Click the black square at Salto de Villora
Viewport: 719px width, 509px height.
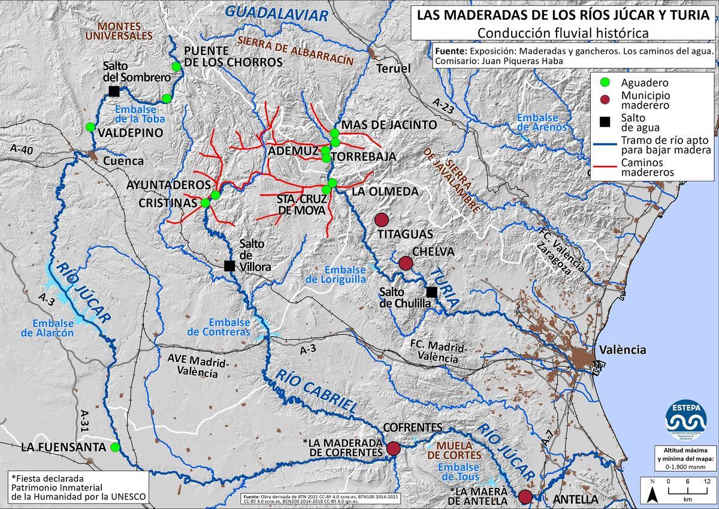pyautogui.click(x=229, y=266)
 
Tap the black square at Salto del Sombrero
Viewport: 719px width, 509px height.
pyautogui.click(x=113, y=91)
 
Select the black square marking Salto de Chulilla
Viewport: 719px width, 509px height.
pyautogui.click(x=431, y=292)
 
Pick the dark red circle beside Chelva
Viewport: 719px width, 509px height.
pyautogui.click(x=406, y=263)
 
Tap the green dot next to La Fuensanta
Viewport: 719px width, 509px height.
pyautogui.click(x=115, y=447)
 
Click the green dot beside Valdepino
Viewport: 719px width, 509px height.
pyautogui.click(x=90, y=127)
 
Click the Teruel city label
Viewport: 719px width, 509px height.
pyautogui.click(x=393, y=68)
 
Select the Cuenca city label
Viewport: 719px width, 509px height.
pyautogui.click(x=123, y=161)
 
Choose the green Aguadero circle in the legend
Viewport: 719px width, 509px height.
pyautogui.click(x=605, y=83)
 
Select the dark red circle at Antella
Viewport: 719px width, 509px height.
pyautogui.click(x=525, y=496)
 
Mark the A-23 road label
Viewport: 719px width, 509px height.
pyautogui.click(x=443, y=106)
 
